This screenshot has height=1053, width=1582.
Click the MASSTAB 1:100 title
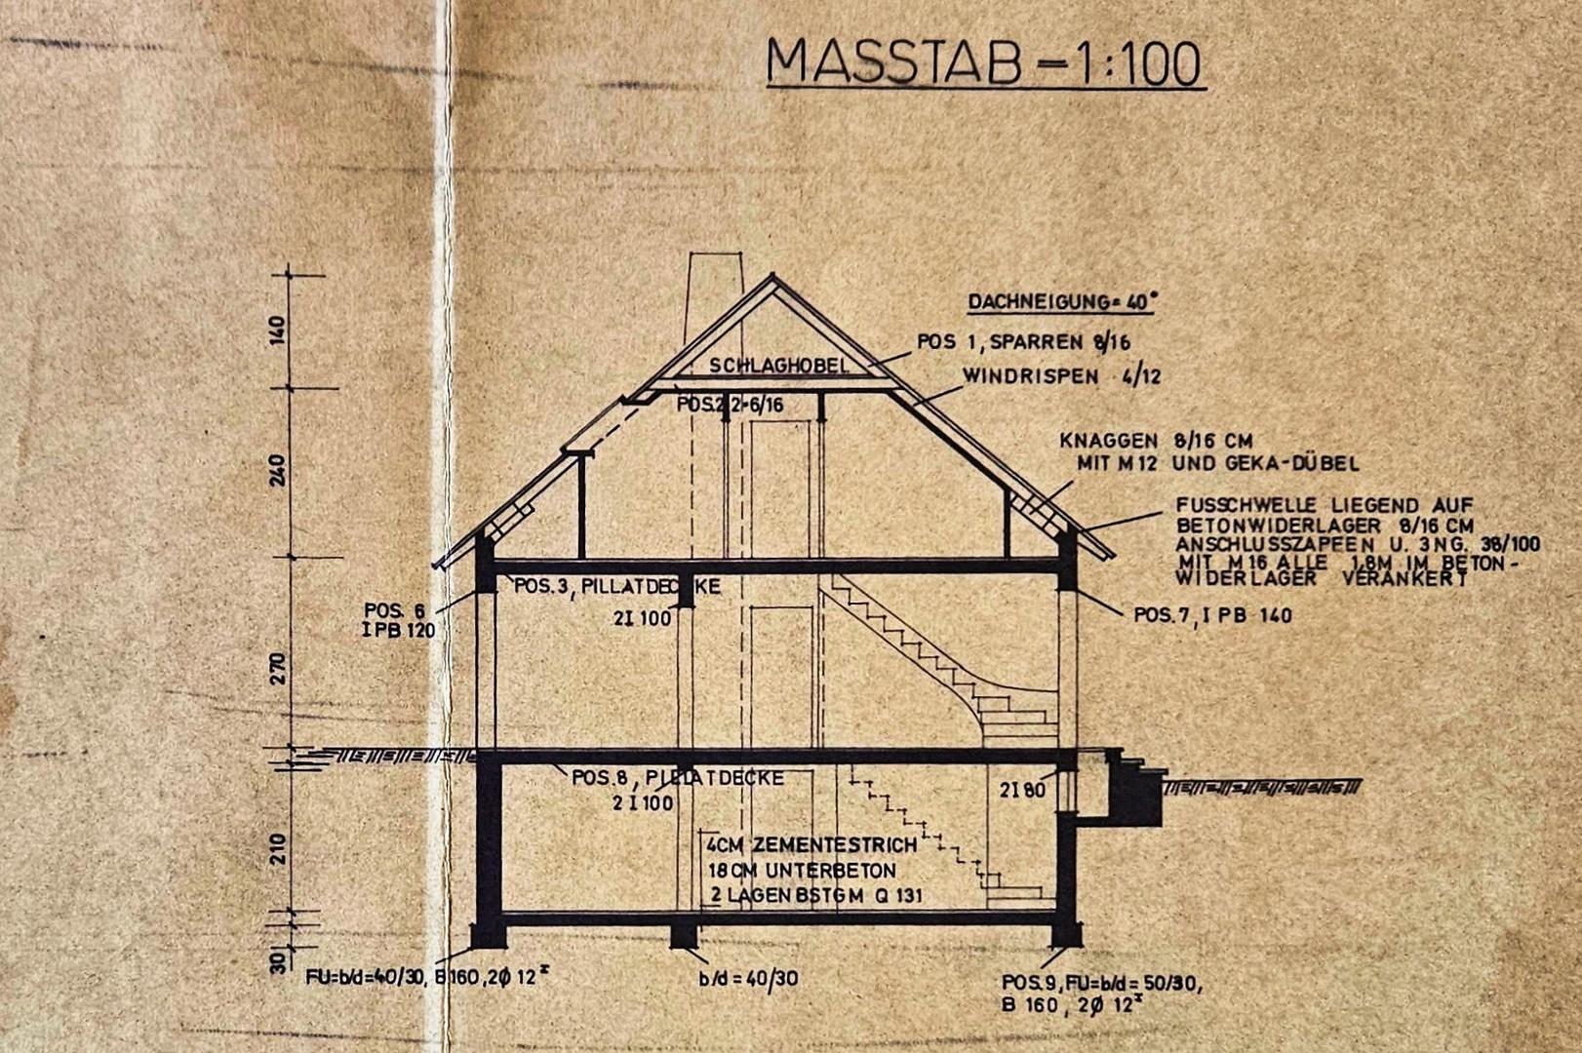(x=984, y=62)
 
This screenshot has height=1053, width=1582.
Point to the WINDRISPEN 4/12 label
(x=1061, y=376)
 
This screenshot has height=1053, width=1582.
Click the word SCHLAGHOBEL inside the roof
(x=778, y=366)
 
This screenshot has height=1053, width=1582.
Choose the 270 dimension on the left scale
(x=279, y=669)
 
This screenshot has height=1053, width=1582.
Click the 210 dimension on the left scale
(x=279, y=848)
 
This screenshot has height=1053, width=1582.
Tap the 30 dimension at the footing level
(x=279, y=961)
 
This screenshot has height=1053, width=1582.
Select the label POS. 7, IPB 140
(x=1212, y=615)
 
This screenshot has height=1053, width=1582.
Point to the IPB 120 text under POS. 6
(x=398, y=631)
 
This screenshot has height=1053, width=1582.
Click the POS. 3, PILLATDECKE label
(x=616, y=587)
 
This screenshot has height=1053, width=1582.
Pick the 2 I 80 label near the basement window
(x=1021, y=791)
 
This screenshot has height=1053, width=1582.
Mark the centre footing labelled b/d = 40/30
(x=684, y=934)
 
